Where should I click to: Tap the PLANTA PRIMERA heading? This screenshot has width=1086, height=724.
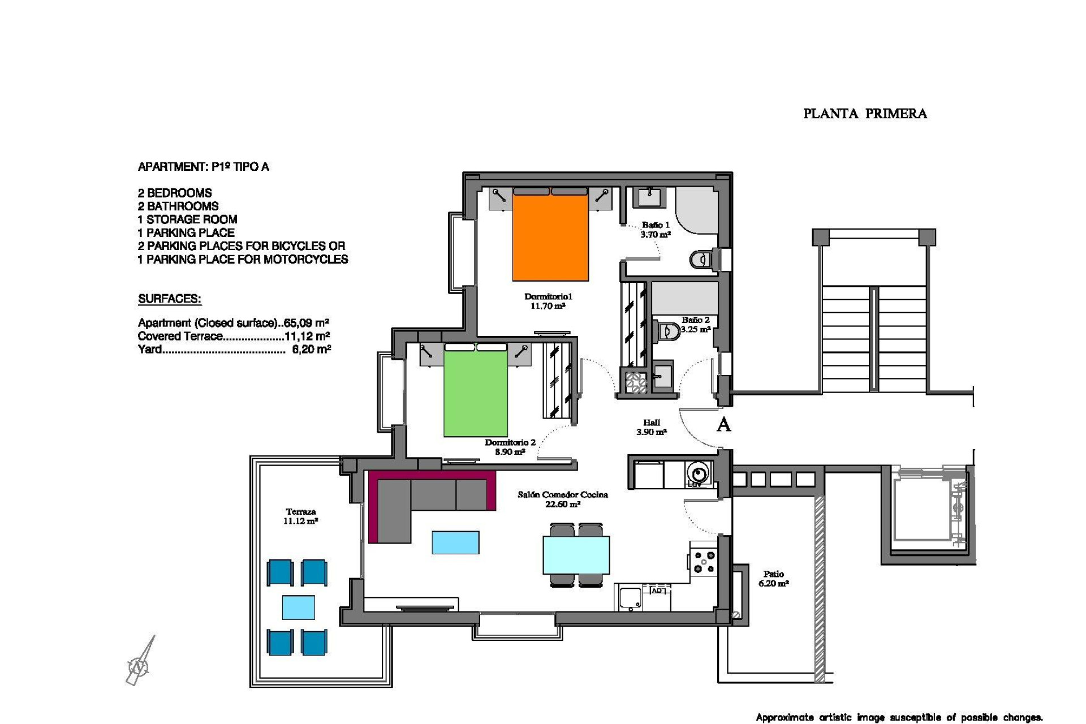pyautogui.click(x=865, y=114)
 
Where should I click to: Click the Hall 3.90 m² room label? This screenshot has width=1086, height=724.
pyautogui.click(x=652, y=427)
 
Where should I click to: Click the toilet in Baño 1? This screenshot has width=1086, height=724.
pyautogui.click(x=700, y=260)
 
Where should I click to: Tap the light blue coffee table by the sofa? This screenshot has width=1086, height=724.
pyautogui.click(x=455, y=542)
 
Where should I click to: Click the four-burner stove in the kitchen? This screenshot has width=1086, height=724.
pyautogui.click(x=704, y=562)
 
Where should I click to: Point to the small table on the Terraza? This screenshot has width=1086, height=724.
pyautogui.click(x=299, y=607)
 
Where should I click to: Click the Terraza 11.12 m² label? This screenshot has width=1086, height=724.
pyautogui.click(x=300, y=516)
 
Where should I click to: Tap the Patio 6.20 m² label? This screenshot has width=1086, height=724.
pyautogui.click(x=773, y=578)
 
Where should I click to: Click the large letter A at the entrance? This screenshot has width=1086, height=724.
pyautogui.click(x=723, y=424)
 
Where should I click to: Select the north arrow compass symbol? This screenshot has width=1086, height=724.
pyautogui.click(x=139, y=665)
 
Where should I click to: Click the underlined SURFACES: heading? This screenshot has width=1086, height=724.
pyautogui.click(x=170, y=299)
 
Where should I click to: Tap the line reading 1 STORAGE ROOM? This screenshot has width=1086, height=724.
pyautogui.click(x=187, y=219)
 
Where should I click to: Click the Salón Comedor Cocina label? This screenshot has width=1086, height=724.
pyautogui.click(x=563, y=499)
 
